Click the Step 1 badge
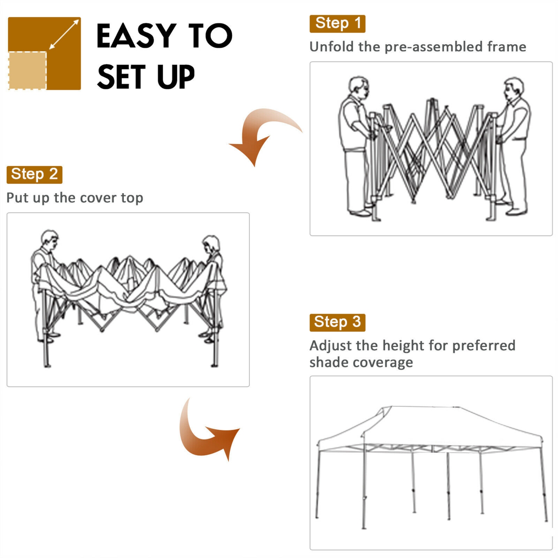click(x=337, y=23)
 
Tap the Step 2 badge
click(x=34, y=174)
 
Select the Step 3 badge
click(x=337, y=322)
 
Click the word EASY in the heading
click(x=135, y=36)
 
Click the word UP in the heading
click(x=176, y=77)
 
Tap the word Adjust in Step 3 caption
click(x=330, y=346)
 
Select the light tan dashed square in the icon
click(x=28, y=71)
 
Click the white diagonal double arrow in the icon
click(x=64, y=34)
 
